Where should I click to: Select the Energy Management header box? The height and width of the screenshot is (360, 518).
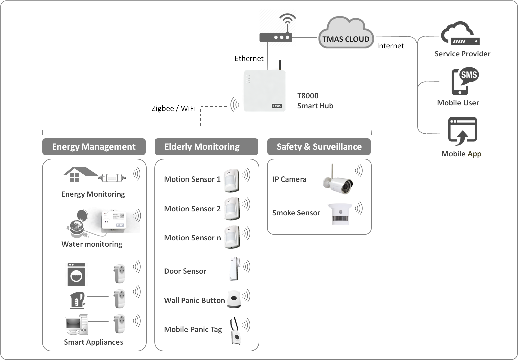tap(94, 147)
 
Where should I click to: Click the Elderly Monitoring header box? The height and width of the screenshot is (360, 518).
tap(206, 147)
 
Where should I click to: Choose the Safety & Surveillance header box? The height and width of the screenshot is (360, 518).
tap(319, 147)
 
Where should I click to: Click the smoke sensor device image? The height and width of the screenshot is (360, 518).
tap(340, 214)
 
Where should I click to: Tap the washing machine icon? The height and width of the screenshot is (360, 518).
tap(76, 274)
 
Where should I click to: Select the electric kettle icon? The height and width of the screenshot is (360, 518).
tap(77, 300)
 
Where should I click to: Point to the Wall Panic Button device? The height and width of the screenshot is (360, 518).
tap(234, 299)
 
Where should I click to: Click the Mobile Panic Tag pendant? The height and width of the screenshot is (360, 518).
tap(236, 332)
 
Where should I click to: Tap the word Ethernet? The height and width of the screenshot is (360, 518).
tap(249, 59)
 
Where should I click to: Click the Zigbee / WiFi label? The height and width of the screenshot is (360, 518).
tap(173, 109)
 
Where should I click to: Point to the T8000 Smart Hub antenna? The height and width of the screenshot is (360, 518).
tap(280, 65)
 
